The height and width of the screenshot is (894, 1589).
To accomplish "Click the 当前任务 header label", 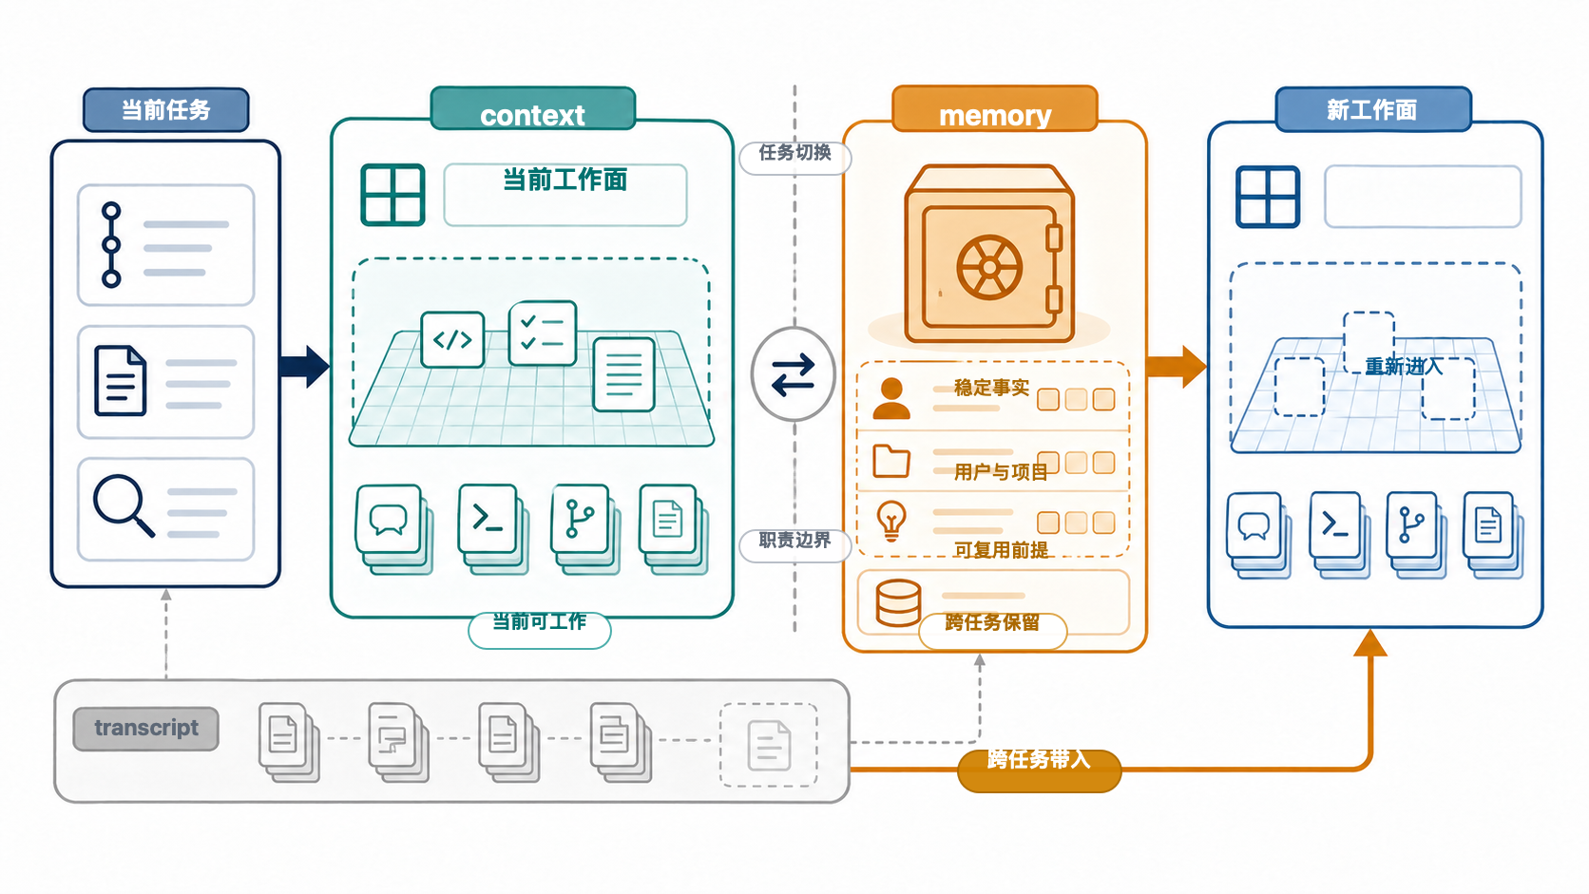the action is (166, 110).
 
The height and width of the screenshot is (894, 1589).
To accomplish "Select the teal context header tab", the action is (533, 109).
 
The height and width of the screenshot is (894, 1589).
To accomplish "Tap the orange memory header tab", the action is (994, 109).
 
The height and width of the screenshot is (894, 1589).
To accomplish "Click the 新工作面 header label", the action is (1372, 109).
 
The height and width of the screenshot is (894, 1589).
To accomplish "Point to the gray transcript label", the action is (146, 728).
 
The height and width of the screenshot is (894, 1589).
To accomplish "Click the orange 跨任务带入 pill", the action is (1040, 770).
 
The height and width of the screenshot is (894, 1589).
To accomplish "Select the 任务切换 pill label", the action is (794, 155).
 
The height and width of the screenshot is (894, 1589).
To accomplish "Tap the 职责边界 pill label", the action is (794, 543).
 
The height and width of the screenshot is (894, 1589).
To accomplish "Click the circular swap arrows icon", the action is (794, 374).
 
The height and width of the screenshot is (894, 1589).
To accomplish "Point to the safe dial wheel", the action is (989, 268).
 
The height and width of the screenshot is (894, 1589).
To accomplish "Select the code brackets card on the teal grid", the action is (452, 339).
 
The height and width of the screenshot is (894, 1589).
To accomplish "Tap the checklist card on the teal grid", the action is (543, 333).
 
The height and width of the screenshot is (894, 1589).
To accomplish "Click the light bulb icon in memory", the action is (891, 521).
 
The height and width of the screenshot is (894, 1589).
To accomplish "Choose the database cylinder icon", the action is (898, 603).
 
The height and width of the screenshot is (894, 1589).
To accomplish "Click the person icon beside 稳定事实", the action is (891, 398).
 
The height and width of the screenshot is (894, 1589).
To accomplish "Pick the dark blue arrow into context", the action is (304, 367).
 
